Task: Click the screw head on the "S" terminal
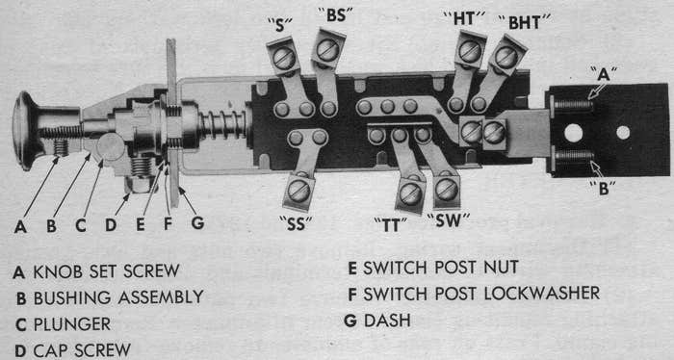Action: tap(284, 58)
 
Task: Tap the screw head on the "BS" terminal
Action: tap(327, 50)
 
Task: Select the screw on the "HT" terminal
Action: tap(470, 51)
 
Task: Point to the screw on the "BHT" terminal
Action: tap(505, 57)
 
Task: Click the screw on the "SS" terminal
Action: tap(298, 192)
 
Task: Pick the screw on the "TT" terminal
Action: tap(410, 193)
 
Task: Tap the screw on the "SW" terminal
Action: tap(446, 190)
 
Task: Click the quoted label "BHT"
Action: tap(525, 22)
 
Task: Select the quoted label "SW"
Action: tap(448, 220)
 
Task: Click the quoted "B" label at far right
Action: tap(603, 188)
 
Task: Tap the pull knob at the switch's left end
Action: tap(27, 130)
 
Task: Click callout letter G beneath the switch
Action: tap(197, 222)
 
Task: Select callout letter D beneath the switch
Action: tap(111, 224)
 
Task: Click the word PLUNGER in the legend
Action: tap(72, 324)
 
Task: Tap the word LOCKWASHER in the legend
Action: tap(541, 294)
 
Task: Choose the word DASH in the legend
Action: tap(387, 321)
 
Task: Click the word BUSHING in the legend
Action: tap(72, 297)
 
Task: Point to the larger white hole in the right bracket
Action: tap(574, 133)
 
